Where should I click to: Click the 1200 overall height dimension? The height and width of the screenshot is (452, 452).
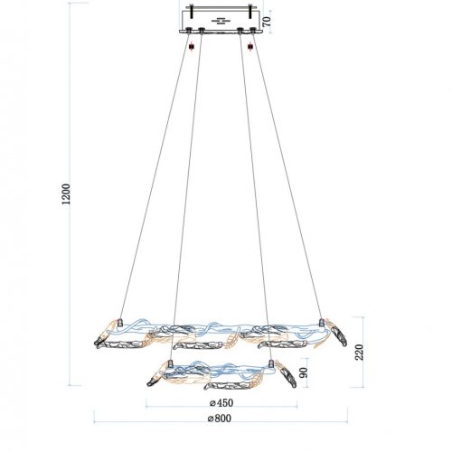[x=66, y=194]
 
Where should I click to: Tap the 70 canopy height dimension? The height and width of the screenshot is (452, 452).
[x=267, y=22]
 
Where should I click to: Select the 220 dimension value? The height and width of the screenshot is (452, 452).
[x=359, y=352]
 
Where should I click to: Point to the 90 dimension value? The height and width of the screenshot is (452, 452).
[x=304, y=372]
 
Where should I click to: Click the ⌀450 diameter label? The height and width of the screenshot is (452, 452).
[x=221, y=402]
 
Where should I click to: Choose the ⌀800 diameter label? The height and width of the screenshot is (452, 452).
[x=220, y=419]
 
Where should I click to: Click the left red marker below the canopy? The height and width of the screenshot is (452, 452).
[x=192, y=47]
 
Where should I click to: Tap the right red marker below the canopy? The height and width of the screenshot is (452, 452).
[x=250, y=47]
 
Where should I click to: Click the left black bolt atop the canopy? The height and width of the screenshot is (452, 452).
[x=192, y=12]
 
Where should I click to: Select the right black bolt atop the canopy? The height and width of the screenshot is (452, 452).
[x=250, y=12]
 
